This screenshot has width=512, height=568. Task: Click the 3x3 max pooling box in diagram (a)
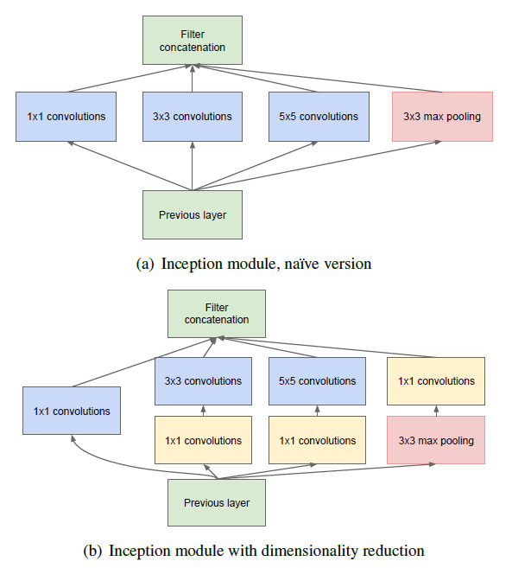tap(442, 117)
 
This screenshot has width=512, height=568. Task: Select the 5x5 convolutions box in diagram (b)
tap(318, 381)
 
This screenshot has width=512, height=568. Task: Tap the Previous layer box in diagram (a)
tap(193, 214)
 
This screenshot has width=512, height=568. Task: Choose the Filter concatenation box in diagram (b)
tap(217, 314)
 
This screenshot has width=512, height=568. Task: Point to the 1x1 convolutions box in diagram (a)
tap(66, 117)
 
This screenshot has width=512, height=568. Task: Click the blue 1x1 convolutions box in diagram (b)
tap(72, 411)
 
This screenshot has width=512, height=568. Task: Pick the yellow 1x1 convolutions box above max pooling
tap(436, 381)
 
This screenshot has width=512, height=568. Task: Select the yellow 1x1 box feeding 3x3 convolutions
tap(204, 440)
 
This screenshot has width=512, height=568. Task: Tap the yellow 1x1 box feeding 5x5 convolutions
tap(318, 440)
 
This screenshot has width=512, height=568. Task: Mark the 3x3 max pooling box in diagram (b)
tap(436, 440)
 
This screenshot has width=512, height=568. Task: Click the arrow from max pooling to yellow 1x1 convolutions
tap(436, 411)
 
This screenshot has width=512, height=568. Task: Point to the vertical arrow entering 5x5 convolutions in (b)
tap(318, 411)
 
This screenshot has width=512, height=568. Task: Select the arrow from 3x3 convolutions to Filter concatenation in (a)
tap(193, 79)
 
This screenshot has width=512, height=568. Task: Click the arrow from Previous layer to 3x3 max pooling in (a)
tap(317, 165)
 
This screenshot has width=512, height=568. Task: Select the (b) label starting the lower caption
tap(92, 551)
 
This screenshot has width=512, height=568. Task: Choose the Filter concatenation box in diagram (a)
tap(193, 41)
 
